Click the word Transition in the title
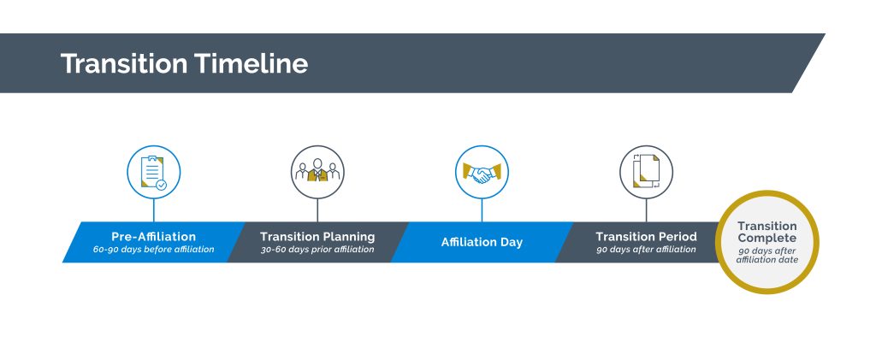[x=124, y=63]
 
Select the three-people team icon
[x=317, y=170]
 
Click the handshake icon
[x=482, y=172]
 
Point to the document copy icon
[x=647, y=171]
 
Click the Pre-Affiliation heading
[x=154, y=237]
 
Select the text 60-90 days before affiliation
[x=154, y=250]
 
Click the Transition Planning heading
[x=317, y=237]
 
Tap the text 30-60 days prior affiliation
[x=317, y=250]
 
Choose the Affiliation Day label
[x=482, y=242]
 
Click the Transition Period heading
[x=647, y=237]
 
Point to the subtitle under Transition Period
[x=647, y=250]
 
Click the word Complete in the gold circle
[x=767, y=239]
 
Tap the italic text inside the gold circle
[x=767, y=255]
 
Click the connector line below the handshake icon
[x=482, y=210]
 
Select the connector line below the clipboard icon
[x=154, y=210]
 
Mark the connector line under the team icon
[x=317, y=210]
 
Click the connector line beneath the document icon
[x=647, y=210]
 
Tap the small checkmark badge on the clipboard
[x=161, y=185]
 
